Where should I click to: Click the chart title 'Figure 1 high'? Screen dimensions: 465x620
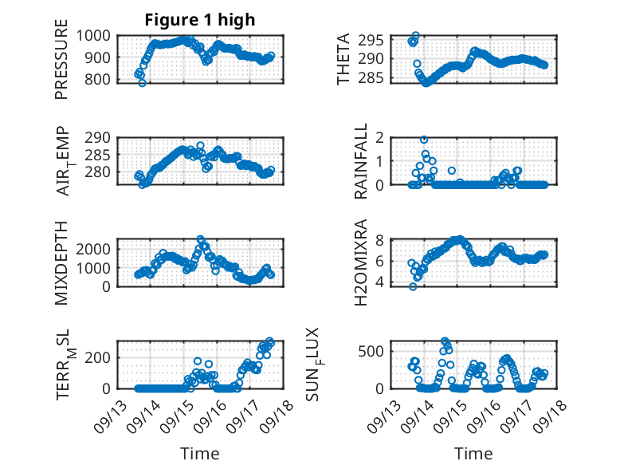click(200, 20)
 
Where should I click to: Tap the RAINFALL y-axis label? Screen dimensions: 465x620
click(361, 162)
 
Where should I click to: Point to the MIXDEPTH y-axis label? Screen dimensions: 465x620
click(61, 263)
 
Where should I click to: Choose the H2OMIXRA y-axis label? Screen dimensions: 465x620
click(361, 263)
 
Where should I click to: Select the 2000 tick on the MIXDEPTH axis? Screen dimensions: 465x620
click(94, 249)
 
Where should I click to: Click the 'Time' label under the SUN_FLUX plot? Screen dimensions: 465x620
click(473, 453)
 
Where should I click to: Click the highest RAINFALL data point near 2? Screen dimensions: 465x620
click(424, 140)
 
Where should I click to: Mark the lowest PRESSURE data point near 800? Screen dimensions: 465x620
click(142, 82)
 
